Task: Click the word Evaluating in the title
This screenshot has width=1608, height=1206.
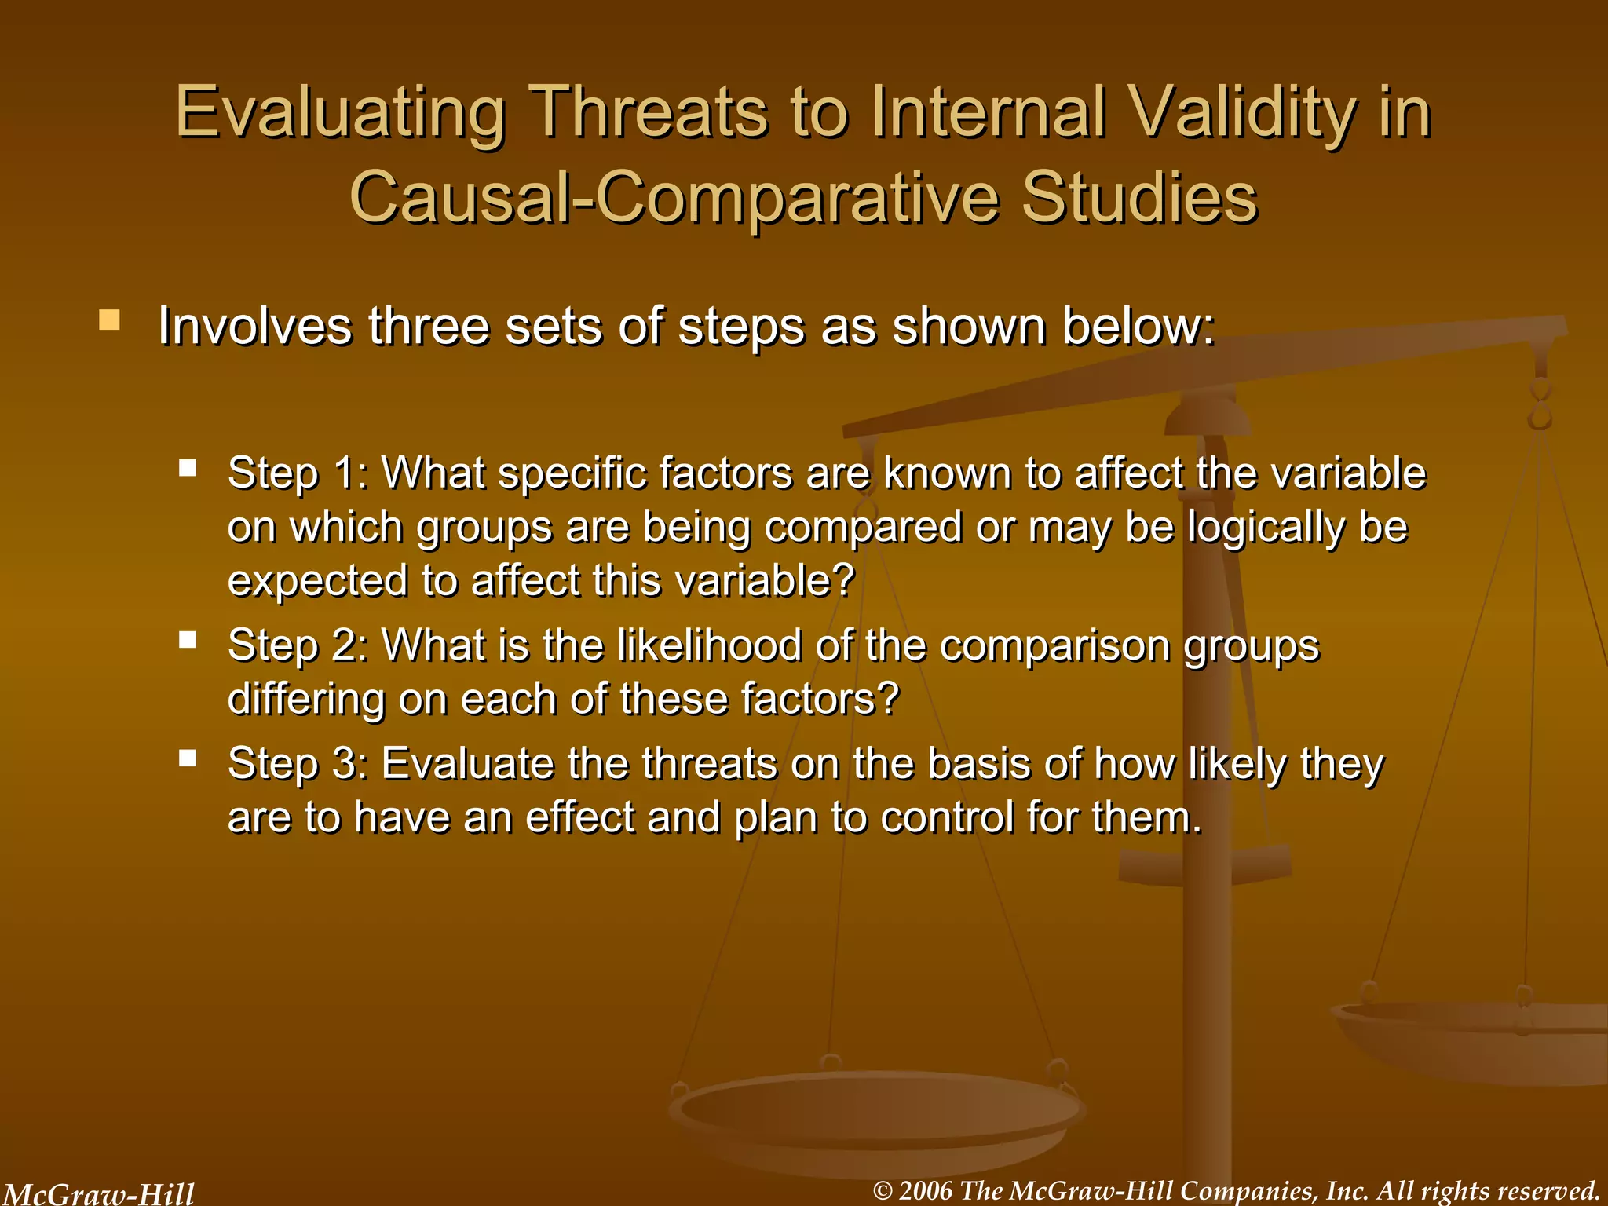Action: coord(341,114)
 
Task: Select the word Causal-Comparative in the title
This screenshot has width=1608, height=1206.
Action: coord(675,198)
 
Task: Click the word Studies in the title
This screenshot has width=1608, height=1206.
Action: coord(1139,198)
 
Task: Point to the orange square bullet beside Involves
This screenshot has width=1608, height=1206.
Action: coord(109,320)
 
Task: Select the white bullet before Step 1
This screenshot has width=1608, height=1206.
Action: coord(187,469)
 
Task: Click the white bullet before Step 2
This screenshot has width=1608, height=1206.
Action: coord(187,640)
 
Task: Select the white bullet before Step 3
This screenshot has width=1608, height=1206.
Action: coord(187,758)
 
